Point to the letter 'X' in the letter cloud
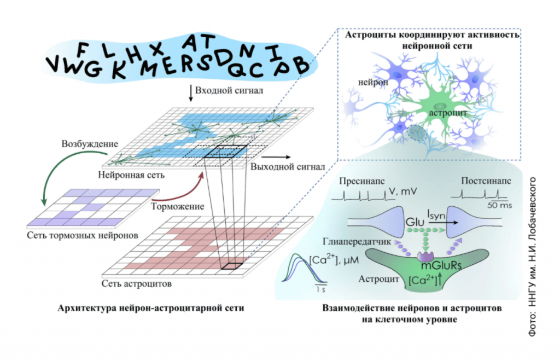(157, 49)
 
